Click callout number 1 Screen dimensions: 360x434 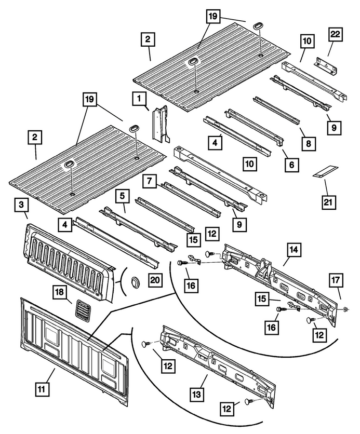139,99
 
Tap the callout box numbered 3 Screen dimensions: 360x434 22,206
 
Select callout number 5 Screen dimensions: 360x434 123,197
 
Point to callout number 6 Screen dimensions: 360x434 291,165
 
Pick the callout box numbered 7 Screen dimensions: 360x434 150,182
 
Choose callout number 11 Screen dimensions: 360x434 41,389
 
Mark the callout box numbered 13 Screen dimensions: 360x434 196,394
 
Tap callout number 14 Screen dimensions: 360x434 294,250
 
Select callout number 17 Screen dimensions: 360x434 336,281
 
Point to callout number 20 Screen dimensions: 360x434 155,280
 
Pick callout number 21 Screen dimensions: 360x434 328,202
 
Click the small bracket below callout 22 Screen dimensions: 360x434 326,66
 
